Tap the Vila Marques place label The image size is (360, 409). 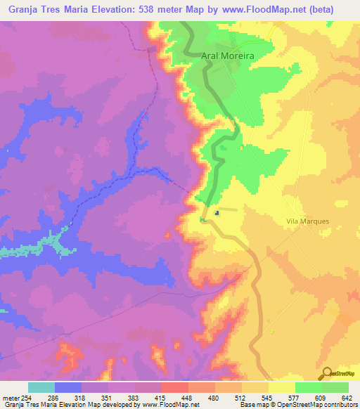tap(309, 221)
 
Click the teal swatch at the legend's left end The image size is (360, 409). tap(41, 387)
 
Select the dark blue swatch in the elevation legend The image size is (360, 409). tap(68, 387)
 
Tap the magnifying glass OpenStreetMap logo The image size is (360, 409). tap(327, 373)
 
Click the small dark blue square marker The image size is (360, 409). tap(217, 214)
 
